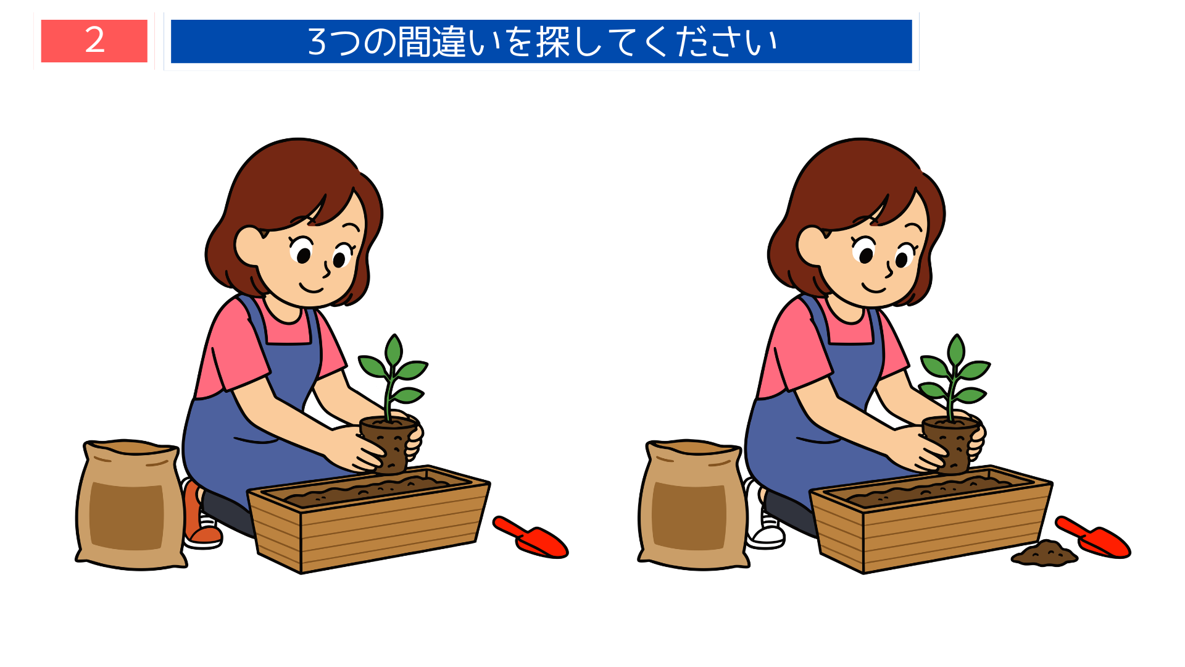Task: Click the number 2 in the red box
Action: coord(94,41)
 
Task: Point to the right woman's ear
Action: coord(810,246)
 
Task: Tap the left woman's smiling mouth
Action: coord(311,288)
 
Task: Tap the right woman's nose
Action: coord(889,270)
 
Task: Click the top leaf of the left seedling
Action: coord(394,350)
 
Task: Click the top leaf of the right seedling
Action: coord(956,350)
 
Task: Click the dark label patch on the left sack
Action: coord(127,516)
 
